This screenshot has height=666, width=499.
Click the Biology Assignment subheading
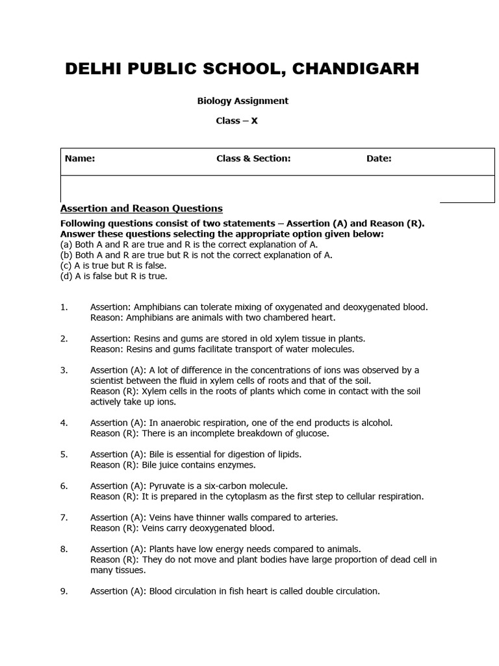(x=242, y=101)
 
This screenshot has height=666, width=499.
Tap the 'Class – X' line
(x=237, y=121)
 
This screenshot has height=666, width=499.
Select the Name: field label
(x=79, y=159)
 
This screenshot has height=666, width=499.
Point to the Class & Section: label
(x=253, y=159)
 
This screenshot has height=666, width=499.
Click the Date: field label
(x=379, y=159)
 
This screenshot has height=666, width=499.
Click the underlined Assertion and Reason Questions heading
(x=141, y=208)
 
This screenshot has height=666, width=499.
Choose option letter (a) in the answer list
(x=66, y=245)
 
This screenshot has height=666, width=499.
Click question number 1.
(x=64, y=307)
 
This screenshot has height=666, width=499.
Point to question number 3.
(x=64, y=370)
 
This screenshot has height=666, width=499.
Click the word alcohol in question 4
(x=376, y=423)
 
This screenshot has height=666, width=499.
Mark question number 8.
(x=64, y=549)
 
